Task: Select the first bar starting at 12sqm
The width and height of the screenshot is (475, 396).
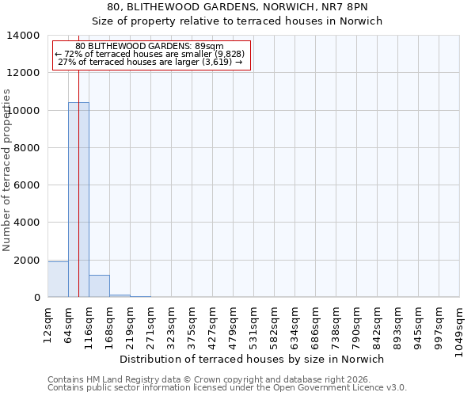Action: (58, 280)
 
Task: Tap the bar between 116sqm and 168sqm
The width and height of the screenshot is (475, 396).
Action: (99, 286)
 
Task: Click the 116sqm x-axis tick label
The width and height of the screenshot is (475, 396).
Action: (89, 323)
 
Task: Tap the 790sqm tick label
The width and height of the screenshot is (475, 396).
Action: (357, 323)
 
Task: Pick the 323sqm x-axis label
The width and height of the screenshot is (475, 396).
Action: (172, 323)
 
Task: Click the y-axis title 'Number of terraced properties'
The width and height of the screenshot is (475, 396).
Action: (7, 170)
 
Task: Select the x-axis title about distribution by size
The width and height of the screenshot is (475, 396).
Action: (253, 359)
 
